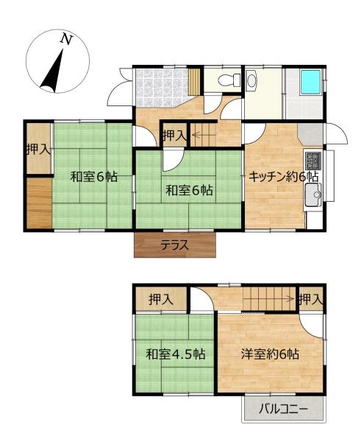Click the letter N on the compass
pyautogui.click(x=66, y=40)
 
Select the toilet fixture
pyautogui.click(x=229, y=80)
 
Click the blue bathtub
pyautogui.click(x=311, y=82)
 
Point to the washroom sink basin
pyautogui.click(x=251, y=80)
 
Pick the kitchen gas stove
pyautogui.click(x=313, y=160)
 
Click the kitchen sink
pyautogui.click(x=313, y=194)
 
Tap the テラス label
pyautogui.click(x=175, y=245)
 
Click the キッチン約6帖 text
pyautogui.click(x=284, y=177)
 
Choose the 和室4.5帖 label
pyautogui.click(x=175, y=354)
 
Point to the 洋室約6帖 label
pyautogui.click(x=270, y=354)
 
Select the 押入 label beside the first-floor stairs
pyautogui.click(x=175, y=136)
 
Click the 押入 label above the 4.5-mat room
pyautogui.click(x=161, y=299)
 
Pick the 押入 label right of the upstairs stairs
pyautogui.click(x=310, y=299)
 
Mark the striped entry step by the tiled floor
pyautogui.click(x=193, y=82)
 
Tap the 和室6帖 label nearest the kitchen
pyautogui.click(x=189, y=191)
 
